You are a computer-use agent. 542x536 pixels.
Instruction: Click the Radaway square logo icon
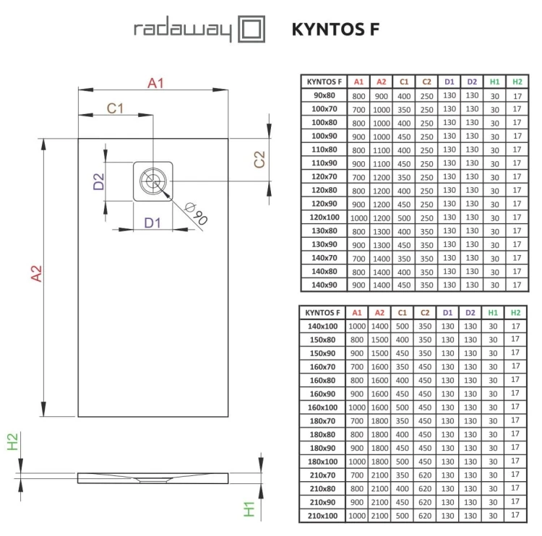pos(251,31)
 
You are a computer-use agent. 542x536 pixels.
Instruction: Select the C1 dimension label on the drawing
pos(116,108)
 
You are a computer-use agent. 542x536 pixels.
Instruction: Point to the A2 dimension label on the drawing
pos(36,275)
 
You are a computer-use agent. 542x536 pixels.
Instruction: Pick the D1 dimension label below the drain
pos(152,222)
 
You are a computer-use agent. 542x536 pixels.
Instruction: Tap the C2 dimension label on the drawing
pos(259,160)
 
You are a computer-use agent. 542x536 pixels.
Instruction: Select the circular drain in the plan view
pos(153,181)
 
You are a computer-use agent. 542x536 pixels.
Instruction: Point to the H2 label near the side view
pos(13,441)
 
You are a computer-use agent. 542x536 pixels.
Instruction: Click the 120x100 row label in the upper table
pos(324,217)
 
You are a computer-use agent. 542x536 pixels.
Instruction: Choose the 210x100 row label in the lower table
pos(323,516)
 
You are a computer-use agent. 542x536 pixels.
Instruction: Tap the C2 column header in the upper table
pos(426,82)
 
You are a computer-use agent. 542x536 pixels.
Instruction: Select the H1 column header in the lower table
pos(493,313)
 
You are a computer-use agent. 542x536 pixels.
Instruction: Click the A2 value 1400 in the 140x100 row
pos(381,327)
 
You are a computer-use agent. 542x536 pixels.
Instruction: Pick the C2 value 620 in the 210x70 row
pos(426,475)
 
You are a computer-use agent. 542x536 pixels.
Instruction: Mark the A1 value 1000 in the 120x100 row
pos(358,217)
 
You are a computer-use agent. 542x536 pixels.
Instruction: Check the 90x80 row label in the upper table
pos(324,95)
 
